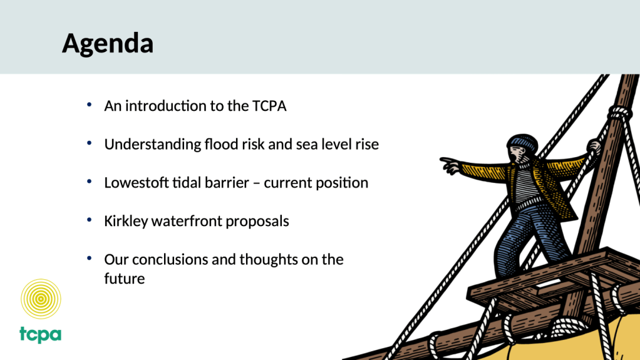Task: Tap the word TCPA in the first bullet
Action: coord(269,106)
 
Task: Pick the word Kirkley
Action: coord(126,222)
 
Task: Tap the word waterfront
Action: coord(187,221)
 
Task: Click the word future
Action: coord(125,279)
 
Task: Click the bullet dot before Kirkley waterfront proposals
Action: coord(90,220)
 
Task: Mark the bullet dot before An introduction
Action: coord(90,105)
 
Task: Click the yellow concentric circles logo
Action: coord(41,299)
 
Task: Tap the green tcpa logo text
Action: coord(41,334)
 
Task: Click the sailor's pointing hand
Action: coord(450,165)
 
